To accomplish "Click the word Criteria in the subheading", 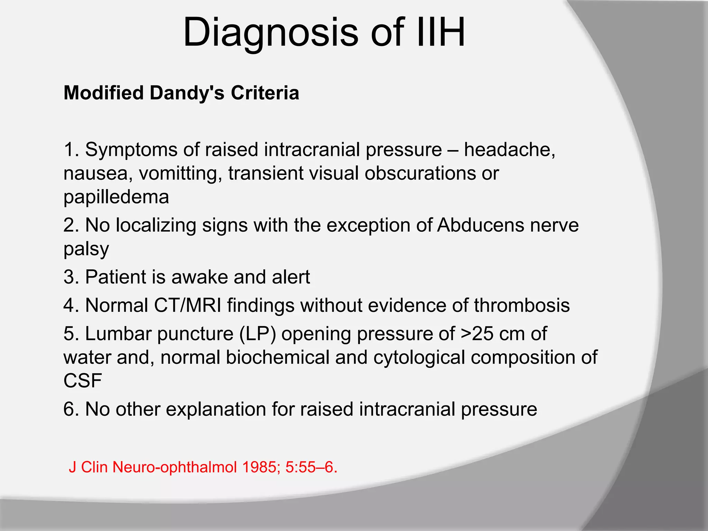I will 265,93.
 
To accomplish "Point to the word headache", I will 509,150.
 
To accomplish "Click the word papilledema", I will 116,197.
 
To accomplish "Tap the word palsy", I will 86,249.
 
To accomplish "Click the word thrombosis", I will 521,306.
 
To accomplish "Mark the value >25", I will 477,334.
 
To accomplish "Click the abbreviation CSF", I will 83,381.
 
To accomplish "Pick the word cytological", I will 419,357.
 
